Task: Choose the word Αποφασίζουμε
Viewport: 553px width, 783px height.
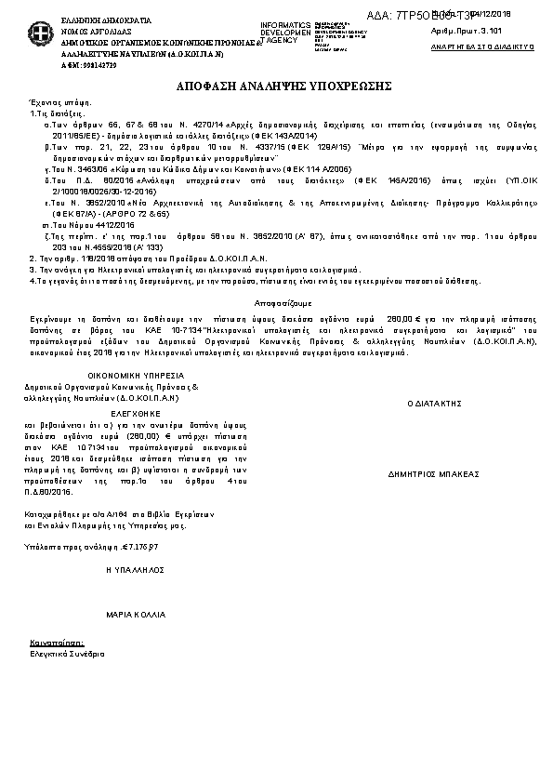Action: [x=275, y=303]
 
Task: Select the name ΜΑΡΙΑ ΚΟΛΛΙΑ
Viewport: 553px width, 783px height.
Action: [x=136, y=615]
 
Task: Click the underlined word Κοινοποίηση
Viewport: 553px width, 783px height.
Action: [x=57, y=643]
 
